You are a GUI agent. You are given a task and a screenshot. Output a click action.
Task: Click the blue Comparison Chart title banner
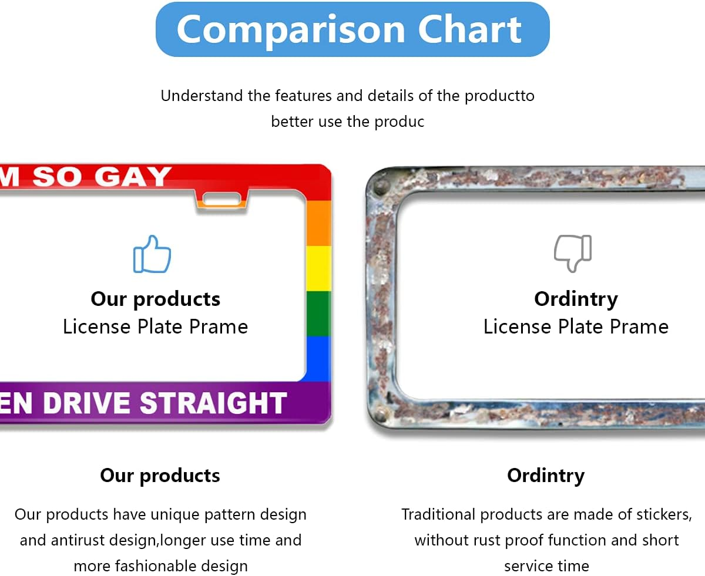tap(352, 29)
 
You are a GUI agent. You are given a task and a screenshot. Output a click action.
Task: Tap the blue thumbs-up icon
tap(152, 254)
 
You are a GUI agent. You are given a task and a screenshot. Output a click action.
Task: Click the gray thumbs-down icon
tap(573, 253)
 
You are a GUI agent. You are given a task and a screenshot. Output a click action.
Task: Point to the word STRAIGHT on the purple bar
tap(213, 403)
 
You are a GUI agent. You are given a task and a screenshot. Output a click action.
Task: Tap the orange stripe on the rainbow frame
tap(319, 224)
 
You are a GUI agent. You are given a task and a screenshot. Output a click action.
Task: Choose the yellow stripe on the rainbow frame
tap(319, 268)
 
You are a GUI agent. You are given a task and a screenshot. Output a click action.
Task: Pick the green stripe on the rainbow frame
tap(319, 313)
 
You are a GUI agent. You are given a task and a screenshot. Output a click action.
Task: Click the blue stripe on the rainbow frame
tap(319, 358)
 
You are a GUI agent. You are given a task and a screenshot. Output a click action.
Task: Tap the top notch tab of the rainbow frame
tap(221, 200)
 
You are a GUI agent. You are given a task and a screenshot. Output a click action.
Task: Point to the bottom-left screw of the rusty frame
tap(381, 416)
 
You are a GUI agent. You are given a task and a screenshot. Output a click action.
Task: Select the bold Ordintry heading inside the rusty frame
tap(576, 299)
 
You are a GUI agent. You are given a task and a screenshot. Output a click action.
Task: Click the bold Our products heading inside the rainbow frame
tap(155, 299)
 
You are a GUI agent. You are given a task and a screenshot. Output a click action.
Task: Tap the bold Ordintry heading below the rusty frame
tap(546, 475)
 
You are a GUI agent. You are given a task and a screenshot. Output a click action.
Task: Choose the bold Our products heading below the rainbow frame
tap(160, 475)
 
